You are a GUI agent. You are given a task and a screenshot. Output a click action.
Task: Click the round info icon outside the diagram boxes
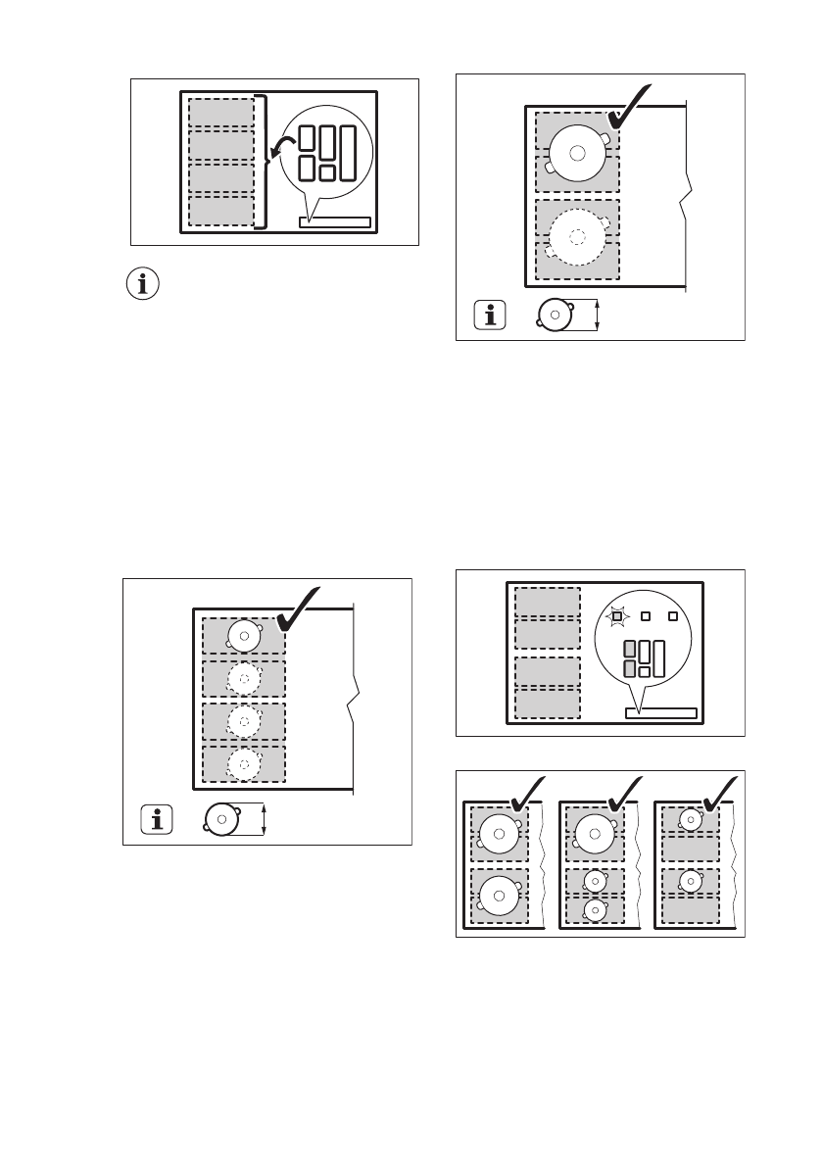144,284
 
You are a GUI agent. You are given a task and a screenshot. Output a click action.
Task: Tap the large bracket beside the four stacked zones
261,162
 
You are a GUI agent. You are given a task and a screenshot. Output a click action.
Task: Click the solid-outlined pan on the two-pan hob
577,152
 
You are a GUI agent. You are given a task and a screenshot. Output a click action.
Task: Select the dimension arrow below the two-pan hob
597,316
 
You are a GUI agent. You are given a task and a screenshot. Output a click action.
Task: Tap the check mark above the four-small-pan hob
301,609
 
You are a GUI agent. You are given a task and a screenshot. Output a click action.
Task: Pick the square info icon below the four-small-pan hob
154,819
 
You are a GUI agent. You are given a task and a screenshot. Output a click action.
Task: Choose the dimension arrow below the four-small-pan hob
265,819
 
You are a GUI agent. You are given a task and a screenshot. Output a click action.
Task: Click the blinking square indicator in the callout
616,616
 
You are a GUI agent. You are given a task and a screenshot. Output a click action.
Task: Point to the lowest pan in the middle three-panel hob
594,908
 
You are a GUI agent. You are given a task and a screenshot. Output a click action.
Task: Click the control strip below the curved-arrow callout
335,222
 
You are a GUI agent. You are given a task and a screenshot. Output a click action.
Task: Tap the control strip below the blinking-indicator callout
660,712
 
